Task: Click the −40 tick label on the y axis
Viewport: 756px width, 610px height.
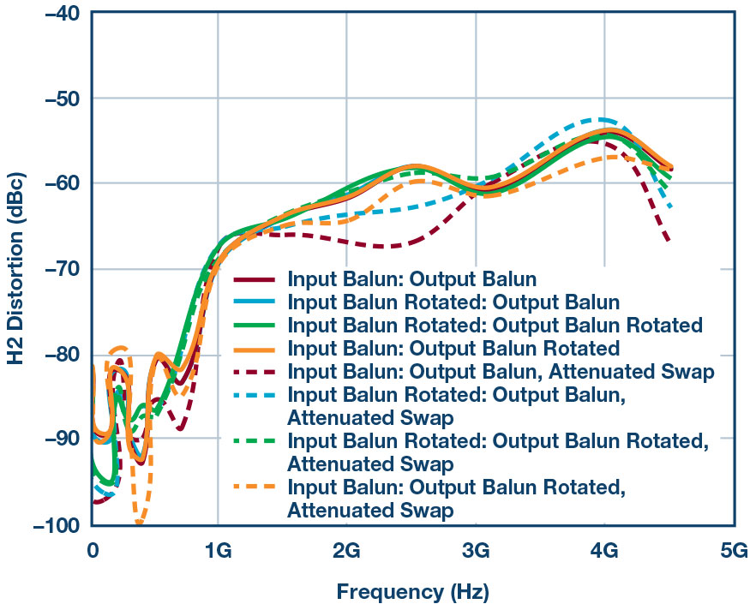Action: coord(57,14)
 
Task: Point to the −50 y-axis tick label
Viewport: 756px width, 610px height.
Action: coord(57,99)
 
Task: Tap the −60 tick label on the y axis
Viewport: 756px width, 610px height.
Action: coord(57,183)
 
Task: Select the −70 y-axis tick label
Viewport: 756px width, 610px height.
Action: coord(57,269)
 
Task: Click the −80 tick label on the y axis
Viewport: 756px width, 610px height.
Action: coord(57,354)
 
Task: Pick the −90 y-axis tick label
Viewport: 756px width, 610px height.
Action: coord(57,439)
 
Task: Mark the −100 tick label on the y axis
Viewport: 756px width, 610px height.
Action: coord(53,524)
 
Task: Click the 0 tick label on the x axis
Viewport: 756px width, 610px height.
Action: coord(92,548)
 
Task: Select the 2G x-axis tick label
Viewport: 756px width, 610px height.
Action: coord(346,548)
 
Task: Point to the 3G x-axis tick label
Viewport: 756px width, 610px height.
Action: coord(476,548)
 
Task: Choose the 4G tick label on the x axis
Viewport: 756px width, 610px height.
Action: coord(604,548)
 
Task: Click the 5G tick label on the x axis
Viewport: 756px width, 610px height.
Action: coord(733,548)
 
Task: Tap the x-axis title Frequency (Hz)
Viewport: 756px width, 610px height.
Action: coord(411,591)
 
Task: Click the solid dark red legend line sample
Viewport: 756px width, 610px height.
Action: coord(255,280)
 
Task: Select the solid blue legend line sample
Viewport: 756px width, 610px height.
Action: coord(255,302)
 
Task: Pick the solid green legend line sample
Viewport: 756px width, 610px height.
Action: coord(255,326)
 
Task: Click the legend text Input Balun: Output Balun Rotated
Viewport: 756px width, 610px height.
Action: coord(453,349)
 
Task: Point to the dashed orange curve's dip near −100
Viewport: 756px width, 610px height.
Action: coord(139,521)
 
